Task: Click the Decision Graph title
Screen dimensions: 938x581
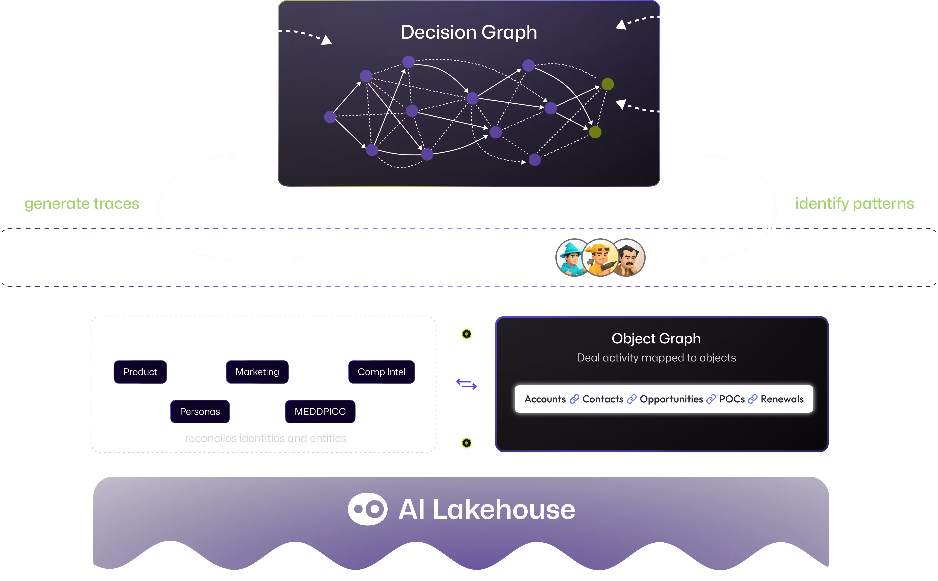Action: (468, 32)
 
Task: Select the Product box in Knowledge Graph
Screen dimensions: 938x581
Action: (140, 372)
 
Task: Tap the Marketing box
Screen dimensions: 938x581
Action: (257, 372)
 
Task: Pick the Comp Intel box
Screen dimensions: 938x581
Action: (381, 372)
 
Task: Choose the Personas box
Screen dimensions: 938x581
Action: (200, 412)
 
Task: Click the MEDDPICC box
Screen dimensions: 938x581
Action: (320, 412)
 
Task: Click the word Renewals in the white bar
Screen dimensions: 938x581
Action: (782, 399)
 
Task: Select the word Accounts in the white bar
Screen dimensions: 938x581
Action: (545, 399)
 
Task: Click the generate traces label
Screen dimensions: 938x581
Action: (82, 204)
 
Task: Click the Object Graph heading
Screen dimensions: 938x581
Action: (656, 339)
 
